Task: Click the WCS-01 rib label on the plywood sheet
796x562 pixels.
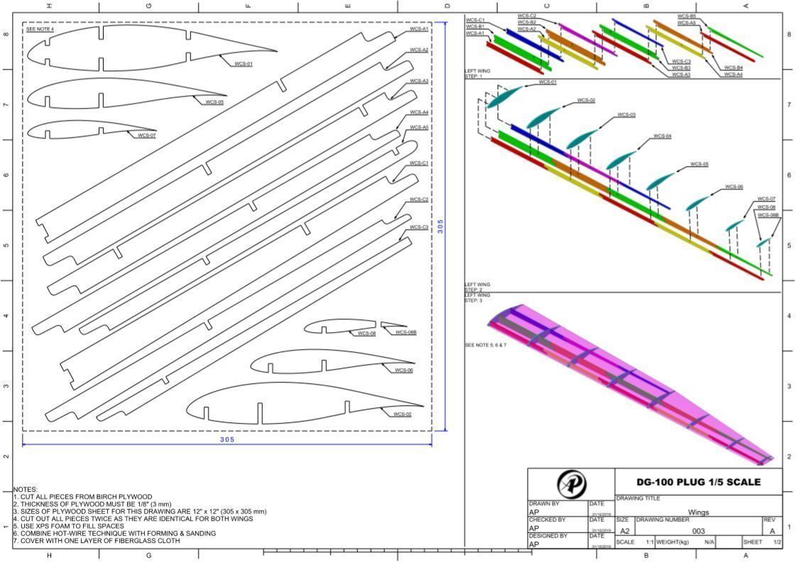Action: (244, 64)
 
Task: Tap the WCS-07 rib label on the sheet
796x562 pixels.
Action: (146, 135)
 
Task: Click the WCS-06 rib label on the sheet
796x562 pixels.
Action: (403, 370)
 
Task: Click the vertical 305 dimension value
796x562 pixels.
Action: (440, 226)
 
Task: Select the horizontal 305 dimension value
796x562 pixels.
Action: (227, 440)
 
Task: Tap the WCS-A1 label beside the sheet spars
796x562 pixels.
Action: (419, 30)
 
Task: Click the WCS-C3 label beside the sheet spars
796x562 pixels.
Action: (419, 228)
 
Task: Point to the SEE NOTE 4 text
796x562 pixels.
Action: (40, 29)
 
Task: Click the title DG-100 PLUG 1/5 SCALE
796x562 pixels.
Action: (698, 483)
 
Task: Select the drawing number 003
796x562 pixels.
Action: (698, 531)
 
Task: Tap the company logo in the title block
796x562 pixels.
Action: (571, 484)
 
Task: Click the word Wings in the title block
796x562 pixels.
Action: (698, 512)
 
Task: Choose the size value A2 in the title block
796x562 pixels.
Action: (624, 531)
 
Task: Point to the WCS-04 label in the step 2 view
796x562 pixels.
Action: (662, 136)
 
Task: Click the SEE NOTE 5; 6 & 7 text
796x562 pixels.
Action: (485, 345)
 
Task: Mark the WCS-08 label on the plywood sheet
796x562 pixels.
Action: (366, 334)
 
